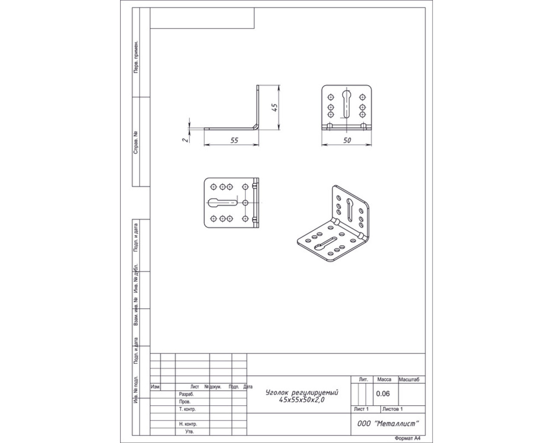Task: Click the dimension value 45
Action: (275, 107)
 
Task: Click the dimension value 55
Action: (234, 140)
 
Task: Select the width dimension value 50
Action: (347, 140)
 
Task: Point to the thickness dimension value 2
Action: (185, 140)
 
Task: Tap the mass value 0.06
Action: (383, 394)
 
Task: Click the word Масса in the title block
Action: (384, 379)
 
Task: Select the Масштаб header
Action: (409, 379)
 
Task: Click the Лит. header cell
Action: (364, 379)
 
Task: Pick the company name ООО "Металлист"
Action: (388, 424)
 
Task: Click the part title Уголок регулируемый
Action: (302, 392)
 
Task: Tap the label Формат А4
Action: (408, 438)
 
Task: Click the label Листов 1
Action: (392, 409)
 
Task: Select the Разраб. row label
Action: (186, 394)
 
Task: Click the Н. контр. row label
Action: (188, 424)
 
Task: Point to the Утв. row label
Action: (189, 431)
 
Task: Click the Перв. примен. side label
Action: (136, 57)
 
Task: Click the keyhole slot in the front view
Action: (346, 104)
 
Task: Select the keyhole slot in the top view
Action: (222, 203)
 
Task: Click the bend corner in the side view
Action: (256, 126)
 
